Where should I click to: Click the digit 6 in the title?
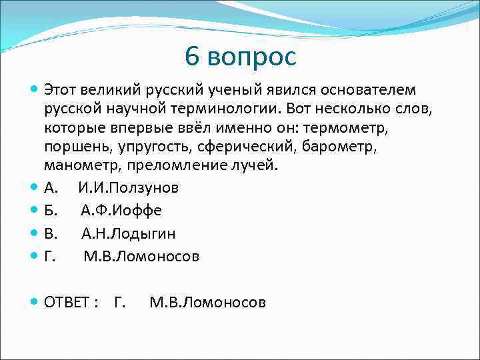click(193, 57)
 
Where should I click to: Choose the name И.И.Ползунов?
click(128, 188)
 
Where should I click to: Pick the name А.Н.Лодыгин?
click(129, 233)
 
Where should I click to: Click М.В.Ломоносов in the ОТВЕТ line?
click(207, 303)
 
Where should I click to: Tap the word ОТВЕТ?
click(67, 303)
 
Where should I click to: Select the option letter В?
click(51, 233)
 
